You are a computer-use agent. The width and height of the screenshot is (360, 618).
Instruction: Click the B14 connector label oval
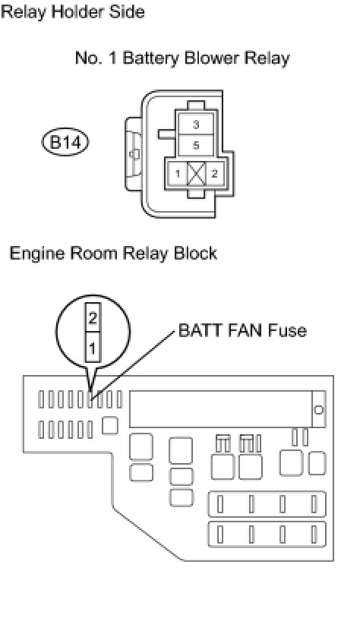(65, 142)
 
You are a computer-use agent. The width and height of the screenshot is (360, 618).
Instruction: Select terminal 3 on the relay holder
(196, 125)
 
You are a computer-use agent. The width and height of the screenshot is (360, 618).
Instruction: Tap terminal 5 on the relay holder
(196, 146)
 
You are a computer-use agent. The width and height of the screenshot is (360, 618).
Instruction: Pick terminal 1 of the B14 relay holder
(178, 173)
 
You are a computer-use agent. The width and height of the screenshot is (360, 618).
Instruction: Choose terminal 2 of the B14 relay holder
(214, 173)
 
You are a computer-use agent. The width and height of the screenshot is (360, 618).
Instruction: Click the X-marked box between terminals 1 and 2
(196, 173)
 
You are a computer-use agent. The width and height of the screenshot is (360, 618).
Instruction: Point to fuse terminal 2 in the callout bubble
(93, 317)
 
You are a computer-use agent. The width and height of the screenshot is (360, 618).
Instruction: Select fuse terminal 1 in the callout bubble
(93, 348)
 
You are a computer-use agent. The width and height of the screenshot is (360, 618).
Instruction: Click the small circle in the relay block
(318, 409)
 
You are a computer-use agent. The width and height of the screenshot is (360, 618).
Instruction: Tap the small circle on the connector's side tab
(134, 154)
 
